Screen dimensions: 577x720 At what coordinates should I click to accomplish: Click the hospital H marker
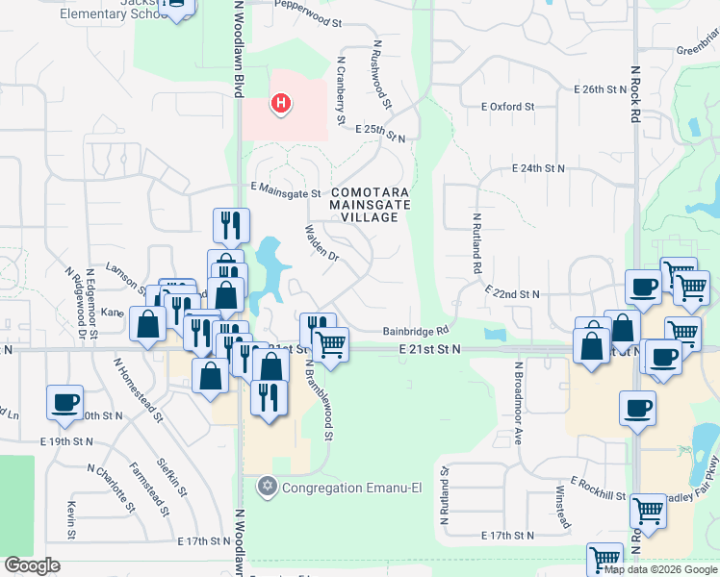[280, 103]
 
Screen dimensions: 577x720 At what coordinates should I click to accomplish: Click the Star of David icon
[268, 488]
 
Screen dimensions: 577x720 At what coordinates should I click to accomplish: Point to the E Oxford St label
[508, 107]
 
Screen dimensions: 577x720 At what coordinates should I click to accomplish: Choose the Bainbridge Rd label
[417, 330]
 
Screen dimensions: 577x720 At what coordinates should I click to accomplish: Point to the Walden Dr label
[322, 244]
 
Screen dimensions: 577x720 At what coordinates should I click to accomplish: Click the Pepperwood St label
[308, 20]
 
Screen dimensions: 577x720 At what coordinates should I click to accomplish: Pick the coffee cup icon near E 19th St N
[64, 405]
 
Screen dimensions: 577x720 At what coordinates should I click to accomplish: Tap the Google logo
[33, 565]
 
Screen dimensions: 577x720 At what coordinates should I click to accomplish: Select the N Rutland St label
[446, 496]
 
